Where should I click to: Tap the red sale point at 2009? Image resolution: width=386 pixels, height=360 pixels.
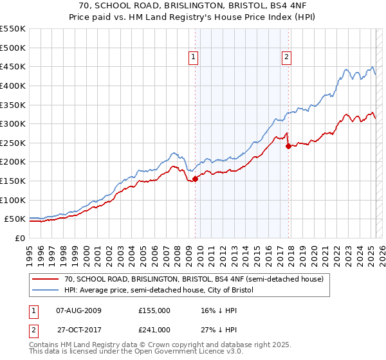195,179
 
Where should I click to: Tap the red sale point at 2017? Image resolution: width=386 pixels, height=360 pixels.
288,146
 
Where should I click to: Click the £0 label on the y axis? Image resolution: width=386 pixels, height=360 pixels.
19,238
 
